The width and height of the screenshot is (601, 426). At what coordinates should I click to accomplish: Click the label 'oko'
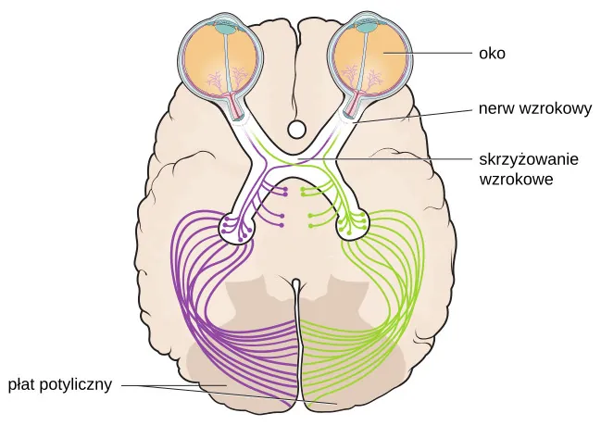pos(492,54)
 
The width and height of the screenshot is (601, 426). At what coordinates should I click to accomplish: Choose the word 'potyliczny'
pos(78,383)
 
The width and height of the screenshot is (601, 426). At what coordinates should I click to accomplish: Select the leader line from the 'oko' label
pos(436,54)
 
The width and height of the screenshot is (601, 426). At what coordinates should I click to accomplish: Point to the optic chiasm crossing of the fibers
pos(296,163)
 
